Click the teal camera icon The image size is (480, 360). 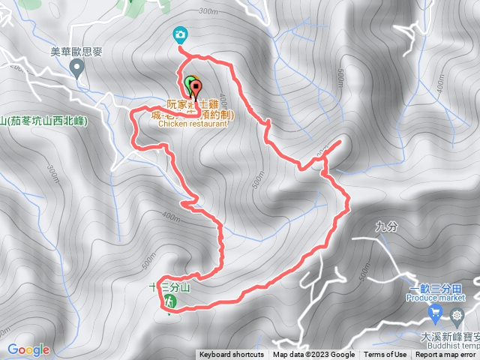(180, 34)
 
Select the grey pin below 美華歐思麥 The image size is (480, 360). (76, 69)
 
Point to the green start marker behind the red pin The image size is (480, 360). (188, 82)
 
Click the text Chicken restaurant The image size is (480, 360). (193, 124)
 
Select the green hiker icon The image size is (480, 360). (169, 301)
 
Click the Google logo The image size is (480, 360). (28, 349)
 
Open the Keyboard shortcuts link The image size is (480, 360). (232, 355)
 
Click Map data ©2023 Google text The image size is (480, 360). (313, 355)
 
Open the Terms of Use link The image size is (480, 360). (385, 355)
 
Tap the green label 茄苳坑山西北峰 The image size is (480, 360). (45, 120)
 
